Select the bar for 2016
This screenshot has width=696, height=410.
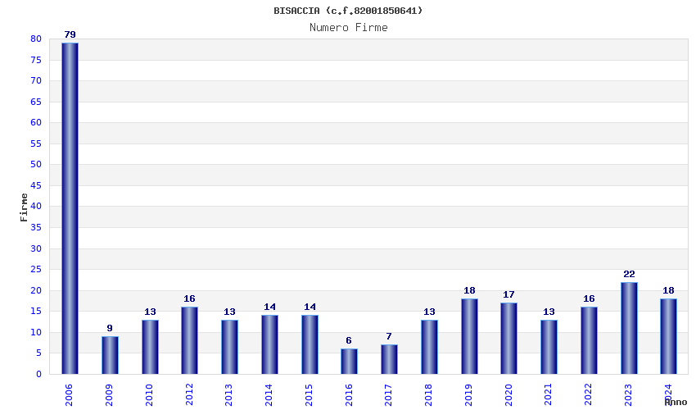point(349,362)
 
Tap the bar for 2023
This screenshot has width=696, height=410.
point(629,328)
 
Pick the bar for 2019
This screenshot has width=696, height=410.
point(469,336)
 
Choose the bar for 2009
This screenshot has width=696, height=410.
point(110,355)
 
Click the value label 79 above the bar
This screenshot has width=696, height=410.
point(70,34)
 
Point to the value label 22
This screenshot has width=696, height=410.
point(629,274)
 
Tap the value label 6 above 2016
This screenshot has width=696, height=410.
point(349,340)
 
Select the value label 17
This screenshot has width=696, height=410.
point(508,294)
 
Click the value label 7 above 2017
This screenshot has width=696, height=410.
point(389,336)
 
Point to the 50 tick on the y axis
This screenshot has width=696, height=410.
point(35,165)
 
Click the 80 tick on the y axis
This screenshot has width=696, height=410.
point(35,39)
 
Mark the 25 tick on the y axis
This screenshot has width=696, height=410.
point(35,270)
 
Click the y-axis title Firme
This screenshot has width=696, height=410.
point(24,207)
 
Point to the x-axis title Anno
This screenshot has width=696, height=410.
point(676,402)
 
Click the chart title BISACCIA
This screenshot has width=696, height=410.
point(348,11)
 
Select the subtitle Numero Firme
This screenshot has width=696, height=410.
point(348,27)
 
